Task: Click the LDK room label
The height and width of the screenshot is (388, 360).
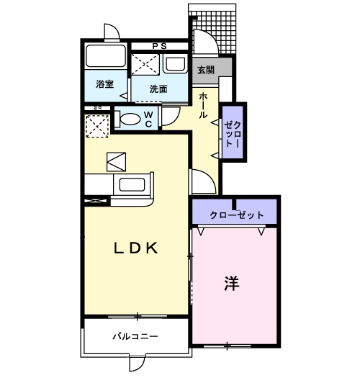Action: [x=136, y=249]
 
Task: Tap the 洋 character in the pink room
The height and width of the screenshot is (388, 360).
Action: [x=230, y=283]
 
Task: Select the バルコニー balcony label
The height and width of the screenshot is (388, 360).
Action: [x=135, y=336]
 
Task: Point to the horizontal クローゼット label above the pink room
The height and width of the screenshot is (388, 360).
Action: [x=237, y=215]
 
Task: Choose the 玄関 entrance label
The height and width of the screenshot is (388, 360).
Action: [x=205, y=70]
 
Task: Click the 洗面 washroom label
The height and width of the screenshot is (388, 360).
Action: [x=158, y=89]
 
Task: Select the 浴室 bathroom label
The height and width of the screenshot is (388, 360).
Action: [x=105, y=84]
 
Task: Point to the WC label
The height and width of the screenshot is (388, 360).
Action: [x=148, y=119]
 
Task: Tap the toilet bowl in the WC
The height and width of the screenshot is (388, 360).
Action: [x=130, y=119]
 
